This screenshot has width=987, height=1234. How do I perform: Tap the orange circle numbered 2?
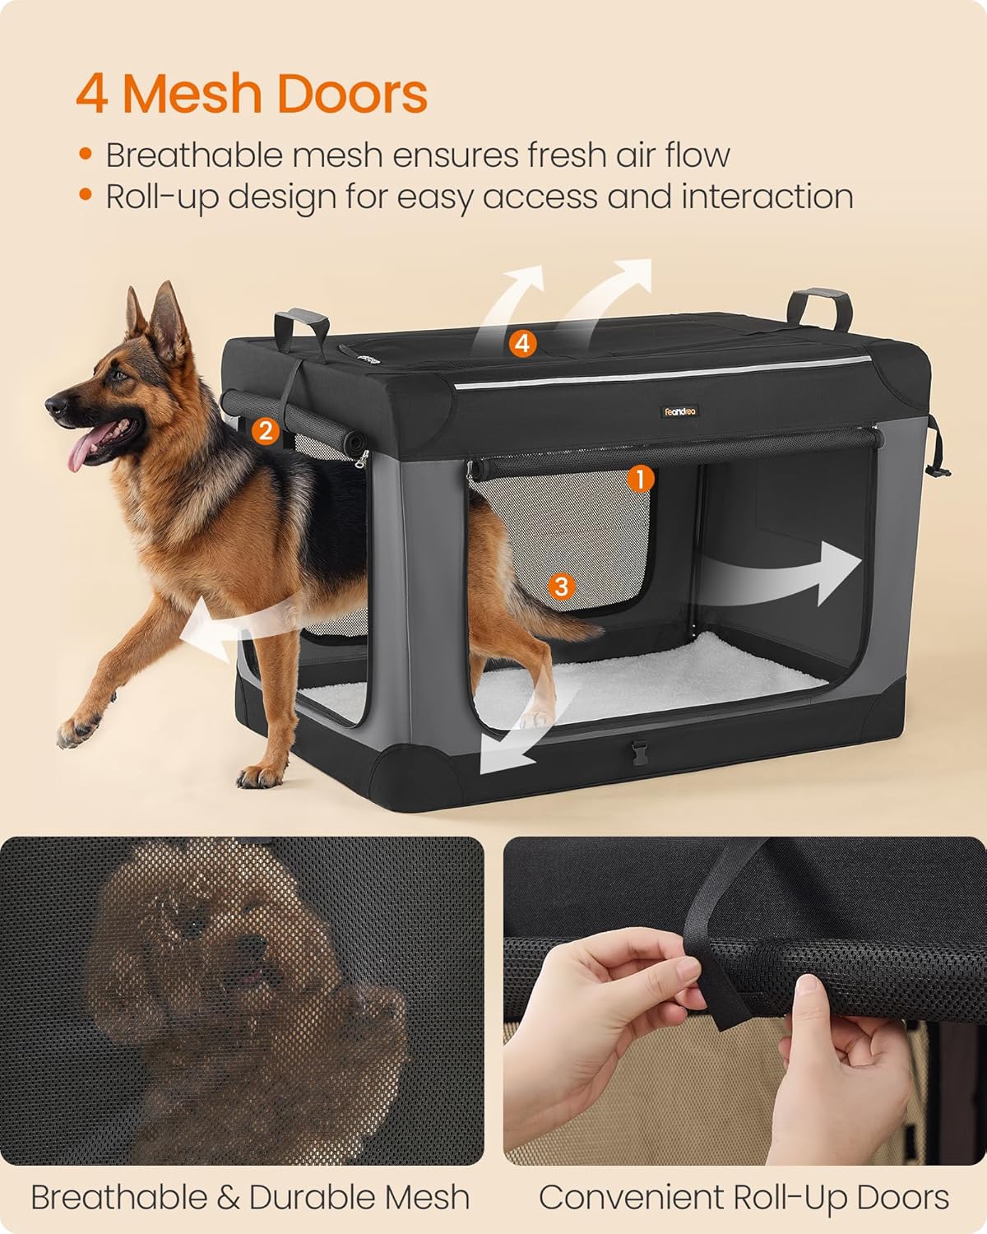[264, 430]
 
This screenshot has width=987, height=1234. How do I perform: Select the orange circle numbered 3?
[562, 586]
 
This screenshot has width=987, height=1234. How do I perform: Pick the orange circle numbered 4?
[522, 343]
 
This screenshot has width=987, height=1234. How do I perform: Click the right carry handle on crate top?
[818, 308]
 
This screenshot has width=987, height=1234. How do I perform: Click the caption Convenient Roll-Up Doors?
[744, 1197]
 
